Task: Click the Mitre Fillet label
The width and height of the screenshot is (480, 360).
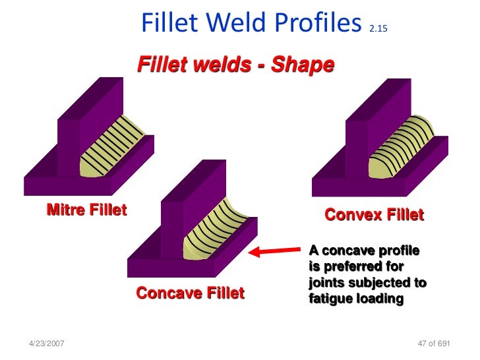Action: (x=86, y=210)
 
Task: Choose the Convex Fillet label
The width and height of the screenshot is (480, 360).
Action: (x=374, y=215)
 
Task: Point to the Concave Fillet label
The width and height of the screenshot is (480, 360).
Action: (x=190, y=293)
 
